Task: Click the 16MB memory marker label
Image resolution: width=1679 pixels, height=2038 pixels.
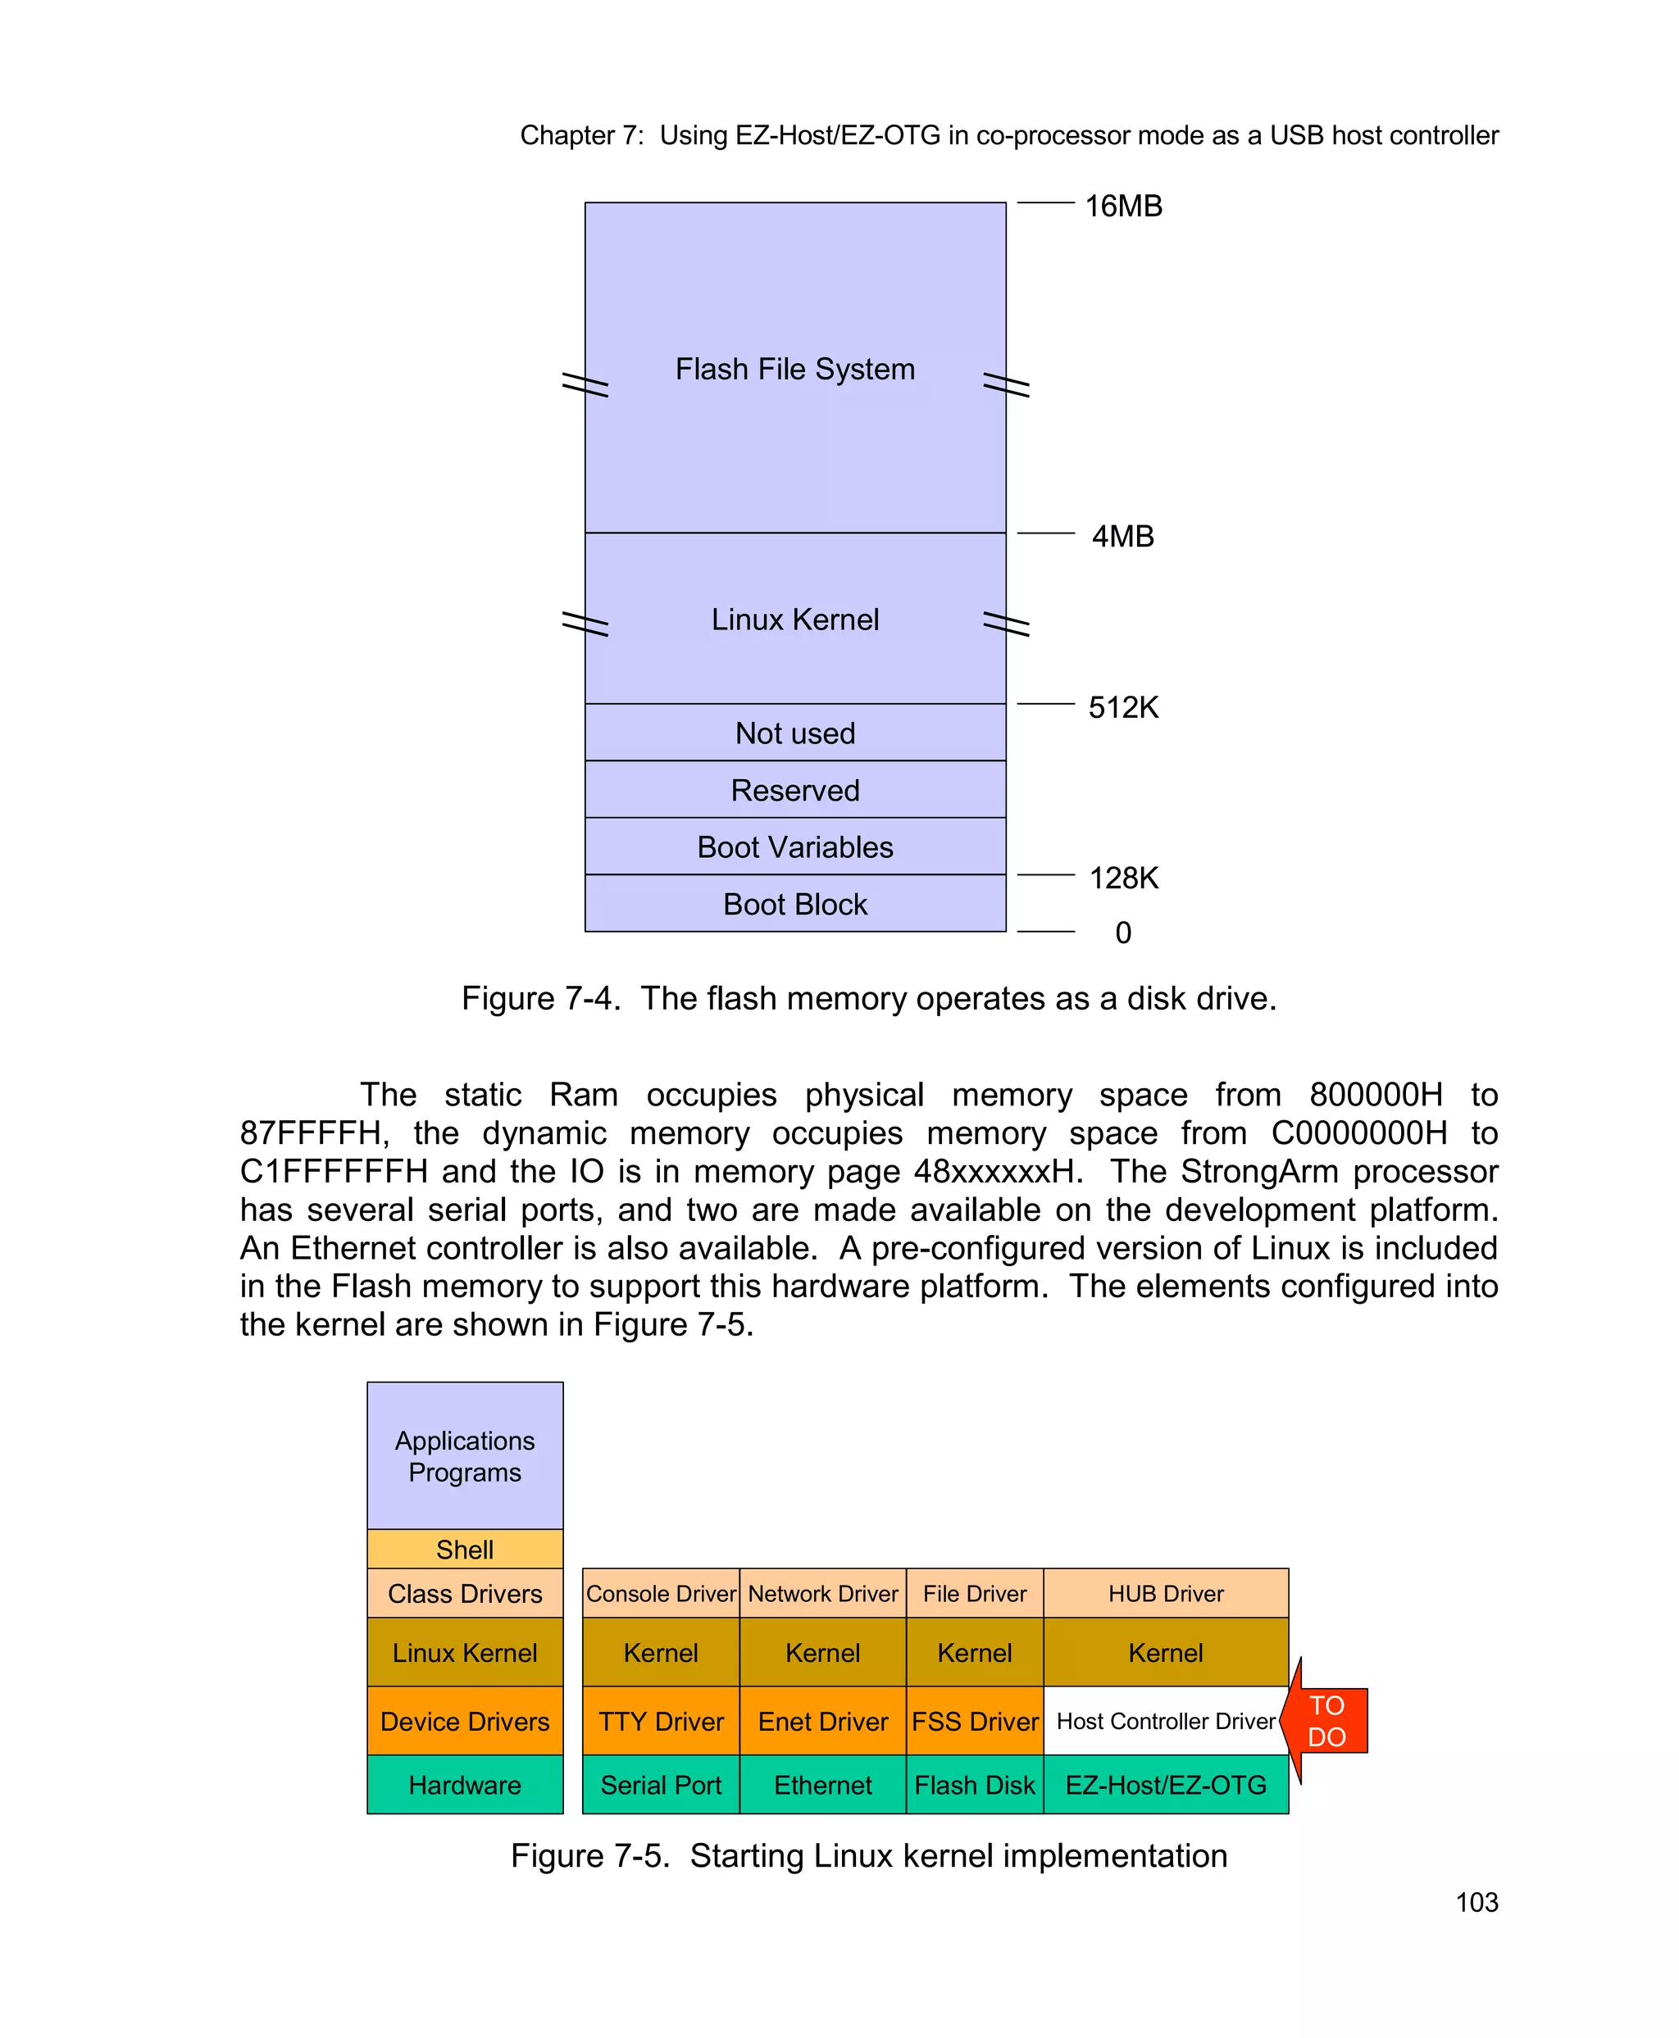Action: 1123,206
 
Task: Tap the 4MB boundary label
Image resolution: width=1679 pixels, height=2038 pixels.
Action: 1123,537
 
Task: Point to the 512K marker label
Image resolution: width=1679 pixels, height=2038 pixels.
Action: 1123,708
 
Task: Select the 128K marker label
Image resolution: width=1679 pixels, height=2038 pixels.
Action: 1123,878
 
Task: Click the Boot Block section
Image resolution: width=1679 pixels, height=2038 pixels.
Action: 795,904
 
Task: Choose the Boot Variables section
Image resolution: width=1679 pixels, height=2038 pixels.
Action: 795,847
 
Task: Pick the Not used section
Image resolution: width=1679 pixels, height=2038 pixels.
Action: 795,733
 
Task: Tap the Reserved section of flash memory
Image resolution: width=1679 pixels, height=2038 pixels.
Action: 795,791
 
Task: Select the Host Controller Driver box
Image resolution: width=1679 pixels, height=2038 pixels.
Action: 1166,1721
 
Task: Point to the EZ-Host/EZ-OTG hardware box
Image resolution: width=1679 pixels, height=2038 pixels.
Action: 1166,1785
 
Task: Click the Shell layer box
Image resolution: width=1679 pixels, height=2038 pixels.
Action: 464,1550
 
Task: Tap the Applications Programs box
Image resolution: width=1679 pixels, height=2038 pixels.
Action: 464,1456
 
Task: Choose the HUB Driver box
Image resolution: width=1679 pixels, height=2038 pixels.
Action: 1166,1593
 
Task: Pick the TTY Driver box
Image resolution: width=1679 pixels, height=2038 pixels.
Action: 661,1721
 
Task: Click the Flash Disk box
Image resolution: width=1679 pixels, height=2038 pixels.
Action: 974,1785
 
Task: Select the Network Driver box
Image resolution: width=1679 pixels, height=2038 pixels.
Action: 823,1593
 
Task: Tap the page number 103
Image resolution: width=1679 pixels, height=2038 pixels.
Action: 1477,1902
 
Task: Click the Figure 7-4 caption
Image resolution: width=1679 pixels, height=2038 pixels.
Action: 868,998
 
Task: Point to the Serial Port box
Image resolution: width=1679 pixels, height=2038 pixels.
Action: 661,1785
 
